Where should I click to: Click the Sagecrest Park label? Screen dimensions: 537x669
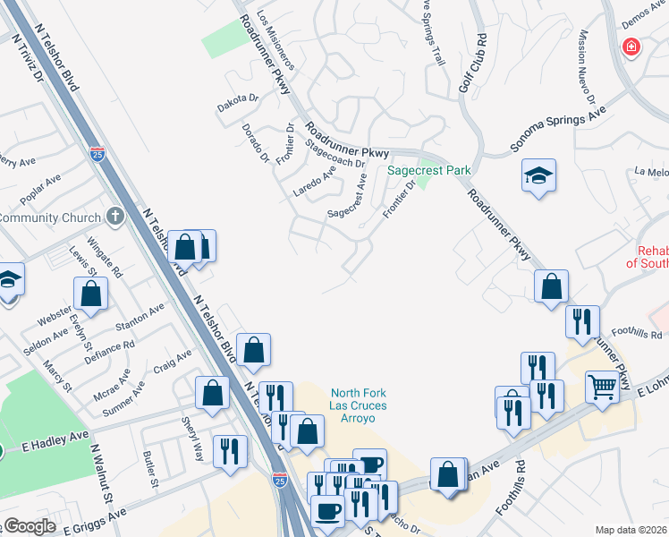coord(429,170)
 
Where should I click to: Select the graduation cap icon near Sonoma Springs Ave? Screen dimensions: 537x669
coord(539,175)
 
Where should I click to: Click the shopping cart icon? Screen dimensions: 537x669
coord(603,388)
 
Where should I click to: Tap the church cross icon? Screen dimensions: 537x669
coord(114,216)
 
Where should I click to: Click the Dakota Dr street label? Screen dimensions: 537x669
coord(238,104)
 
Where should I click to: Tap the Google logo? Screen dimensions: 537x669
coord(30,526)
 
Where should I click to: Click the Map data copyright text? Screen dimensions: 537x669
coord(631,530)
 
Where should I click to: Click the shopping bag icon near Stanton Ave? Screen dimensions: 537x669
coord(90,293)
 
